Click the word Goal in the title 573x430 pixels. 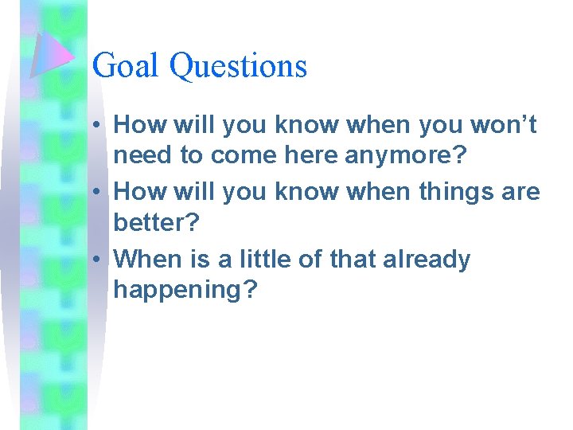pos(127,65)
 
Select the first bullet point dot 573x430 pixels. pos(95,125)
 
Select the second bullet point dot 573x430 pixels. pos(95,193)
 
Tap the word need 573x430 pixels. pos(144,156)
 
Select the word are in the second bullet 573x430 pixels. pos(521,192)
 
